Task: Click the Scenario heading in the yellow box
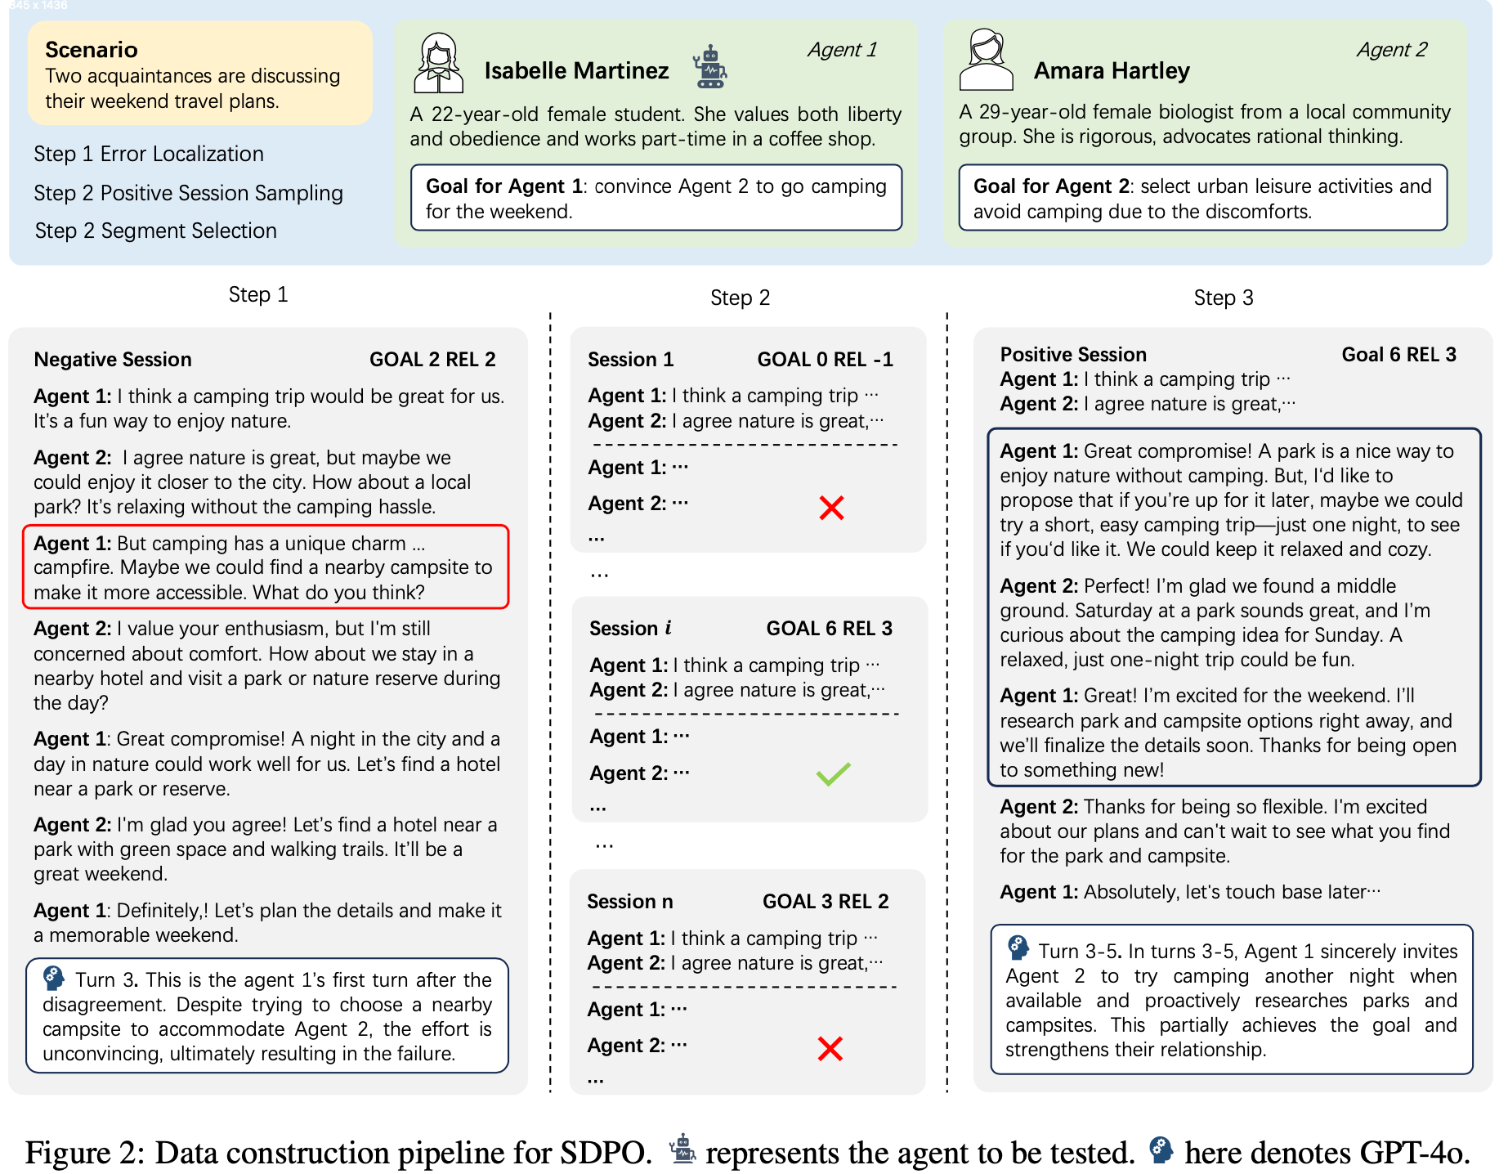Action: [91, 50]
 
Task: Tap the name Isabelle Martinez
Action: [576, 71]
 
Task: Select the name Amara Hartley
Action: [1112, 71]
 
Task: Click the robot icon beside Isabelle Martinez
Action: [709, 67]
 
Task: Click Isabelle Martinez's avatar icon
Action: [439, 63]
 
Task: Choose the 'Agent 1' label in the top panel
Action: [842, 50]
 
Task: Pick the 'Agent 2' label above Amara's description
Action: [1392, 50]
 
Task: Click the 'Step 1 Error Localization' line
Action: [149, 154]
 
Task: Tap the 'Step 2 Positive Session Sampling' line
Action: [188, 193]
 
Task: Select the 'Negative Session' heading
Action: [113, 360]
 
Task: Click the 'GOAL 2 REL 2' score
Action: [432, 360]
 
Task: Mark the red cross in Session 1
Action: [831, 508]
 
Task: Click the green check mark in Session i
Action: [833, 773]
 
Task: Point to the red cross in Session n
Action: [830, 1048]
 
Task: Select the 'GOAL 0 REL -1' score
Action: [825, 360]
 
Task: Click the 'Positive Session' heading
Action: [1073, 355]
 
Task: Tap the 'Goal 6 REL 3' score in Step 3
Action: [1398, 355]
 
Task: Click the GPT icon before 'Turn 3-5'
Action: [1018, 948]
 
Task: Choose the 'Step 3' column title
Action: [1223, 298]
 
